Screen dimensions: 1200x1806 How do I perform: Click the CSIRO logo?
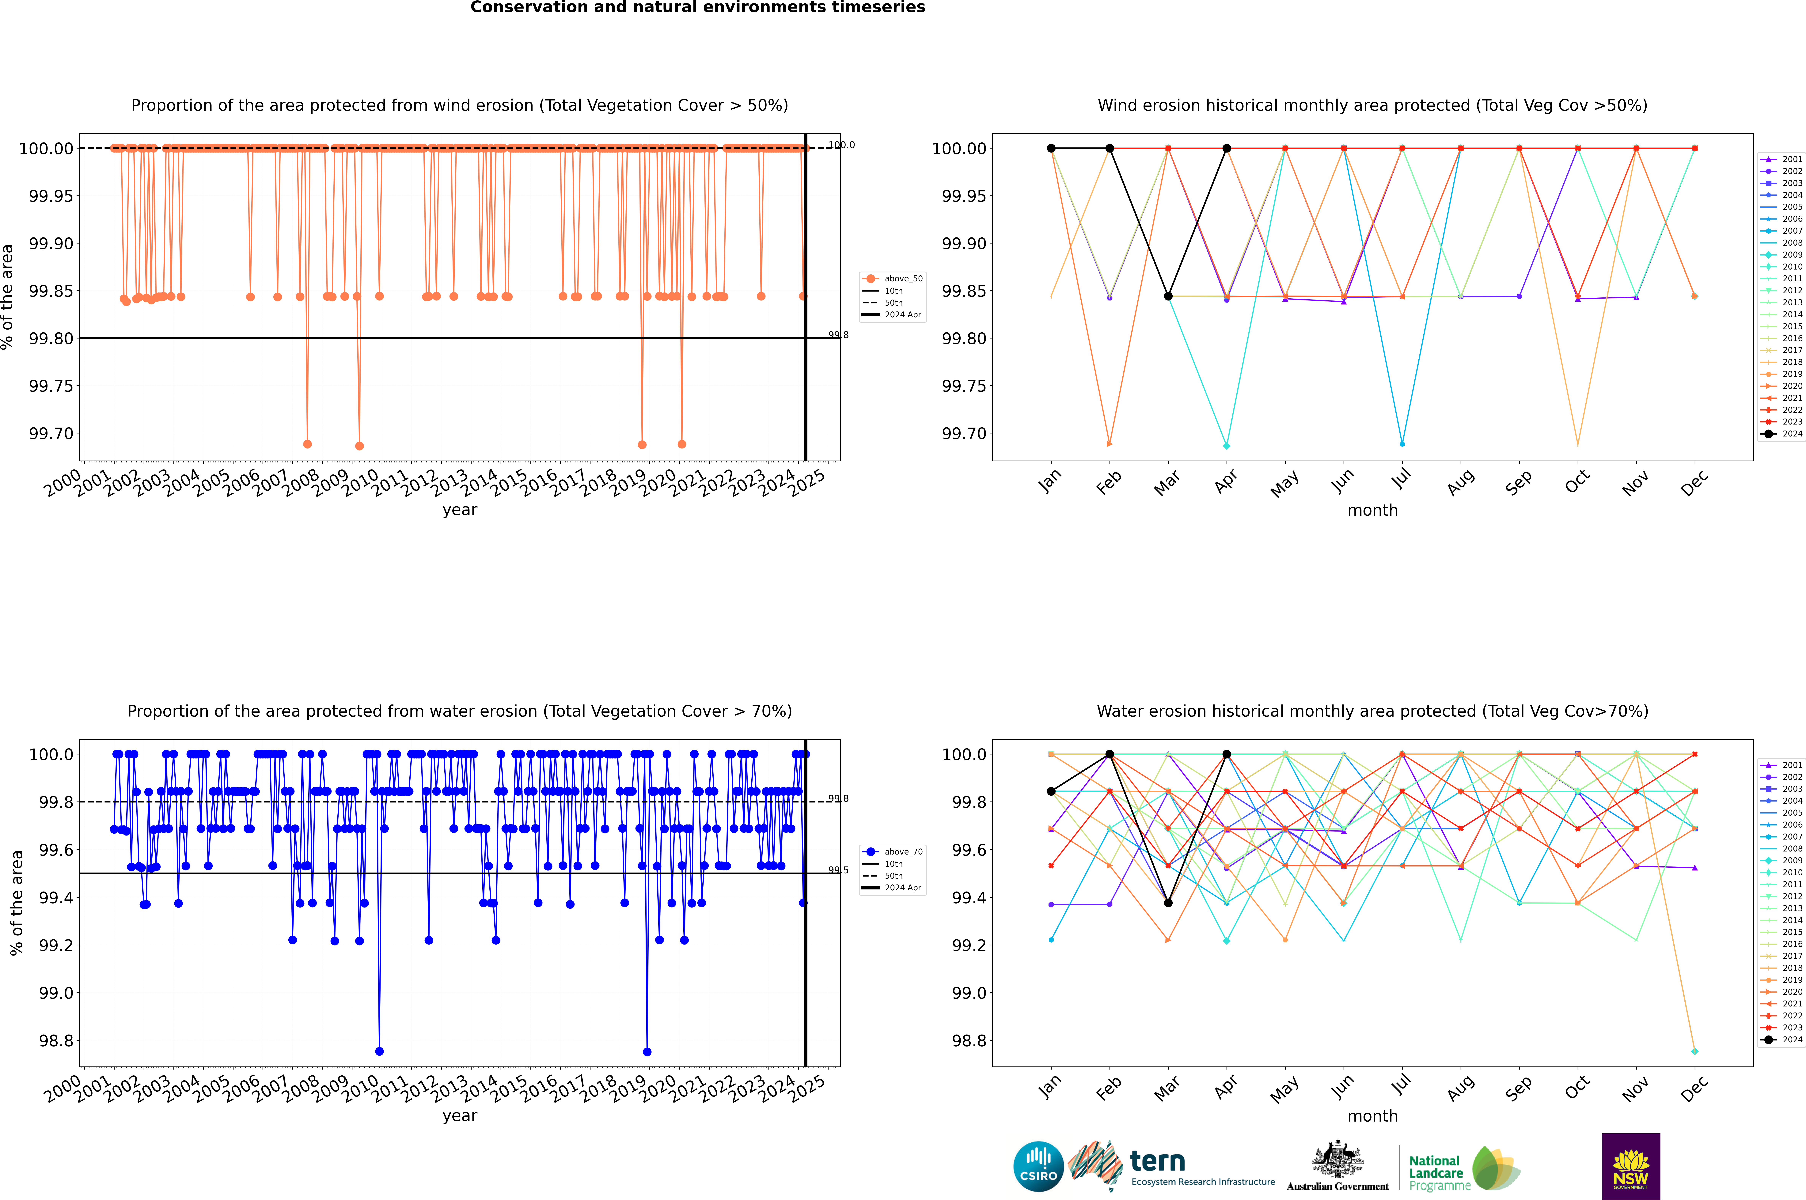click(1038, 1166)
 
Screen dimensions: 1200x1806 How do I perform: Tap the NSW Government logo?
click(1631, 1166)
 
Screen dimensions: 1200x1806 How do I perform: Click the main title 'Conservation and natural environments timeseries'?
click(697, 8)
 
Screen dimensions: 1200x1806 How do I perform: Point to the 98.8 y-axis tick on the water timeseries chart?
click(57, 1041)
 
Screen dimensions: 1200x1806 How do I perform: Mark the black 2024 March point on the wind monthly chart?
click(1168, 296)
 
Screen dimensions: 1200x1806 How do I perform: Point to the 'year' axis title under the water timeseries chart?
click(459, 1116)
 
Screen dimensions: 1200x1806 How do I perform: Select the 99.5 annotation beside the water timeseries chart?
click(838, 870)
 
